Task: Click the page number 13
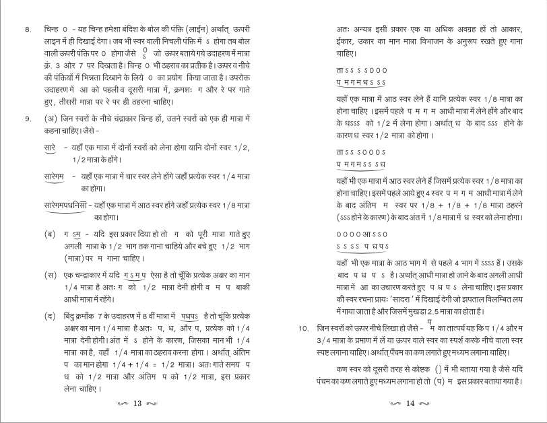coord(137,404)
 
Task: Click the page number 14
coord(410,404)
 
